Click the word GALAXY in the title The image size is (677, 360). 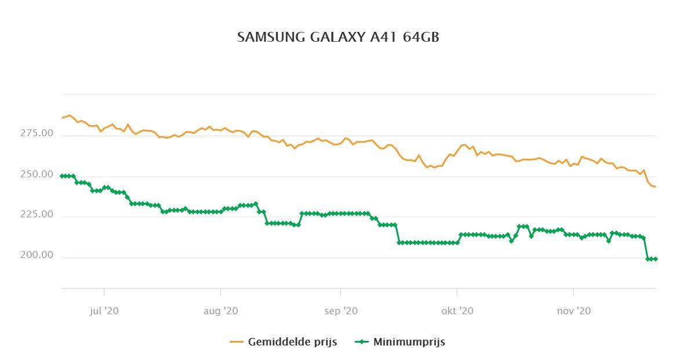[x=336, y=37]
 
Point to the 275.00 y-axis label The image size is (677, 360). [x=36, y=134]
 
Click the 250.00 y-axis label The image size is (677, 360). [x=36, y=175]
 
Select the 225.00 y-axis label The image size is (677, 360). [x=36, y=216]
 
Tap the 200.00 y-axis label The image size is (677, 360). [x=36, y=256]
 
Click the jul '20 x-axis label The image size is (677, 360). [x=104, y=311]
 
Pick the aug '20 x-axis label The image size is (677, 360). [x=221, y=311]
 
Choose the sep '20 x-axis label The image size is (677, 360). [x=341, y=311]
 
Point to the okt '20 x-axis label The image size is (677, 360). [x=457, y=311]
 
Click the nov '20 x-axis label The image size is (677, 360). [x=574, y=311]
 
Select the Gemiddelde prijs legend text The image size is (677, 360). [x=292, y=342]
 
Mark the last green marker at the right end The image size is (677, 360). [x=655, y=259]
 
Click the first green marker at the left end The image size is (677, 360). [x=62, y=176]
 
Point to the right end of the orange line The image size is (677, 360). [x=655, y=187]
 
